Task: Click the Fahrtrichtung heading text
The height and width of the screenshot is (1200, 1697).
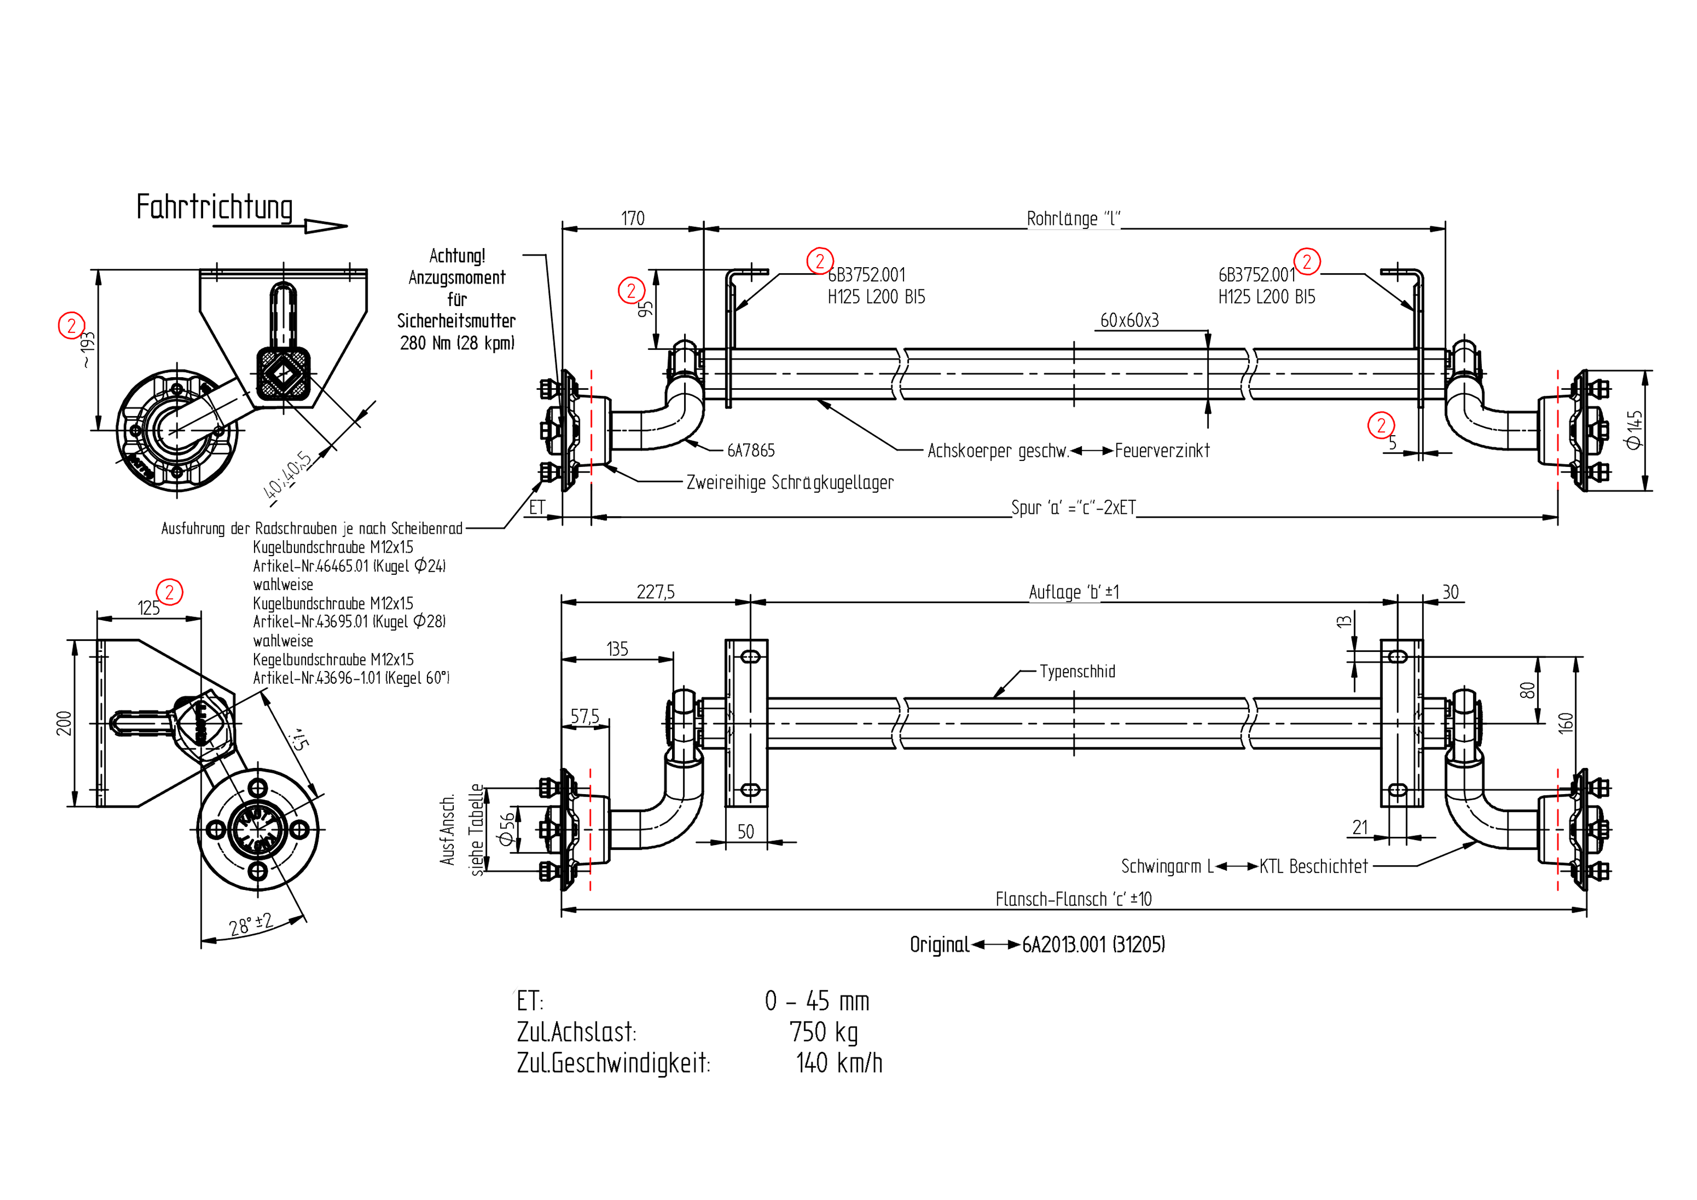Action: tap(214, 207)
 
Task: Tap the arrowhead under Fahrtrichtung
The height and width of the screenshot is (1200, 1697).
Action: tap(325, 226)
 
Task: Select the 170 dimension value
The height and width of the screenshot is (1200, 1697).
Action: tap(633, 219)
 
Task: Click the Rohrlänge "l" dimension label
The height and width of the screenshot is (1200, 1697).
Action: tap(1073, 219)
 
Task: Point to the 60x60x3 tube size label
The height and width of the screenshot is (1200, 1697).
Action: tap(1129, 320)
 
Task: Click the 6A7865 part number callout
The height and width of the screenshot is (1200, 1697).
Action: tap(751, 450)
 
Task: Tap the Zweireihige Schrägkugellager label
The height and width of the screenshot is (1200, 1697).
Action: tap(790, 483)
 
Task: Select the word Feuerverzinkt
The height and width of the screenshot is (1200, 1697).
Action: tap(1162, 450)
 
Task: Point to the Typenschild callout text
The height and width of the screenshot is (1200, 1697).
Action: tap(1077, 672)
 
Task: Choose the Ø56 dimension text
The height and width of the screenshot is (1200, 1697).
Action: tap(506, 829)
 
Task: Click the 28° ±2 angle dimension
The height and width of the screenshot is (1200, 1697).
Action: tap(251, 924)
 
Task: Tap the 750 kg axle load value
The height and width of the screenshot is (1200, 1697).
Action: tap(823, 1032)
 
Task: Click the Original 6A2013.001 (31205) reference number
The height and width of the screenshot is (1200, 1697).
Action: tap(1093, 945)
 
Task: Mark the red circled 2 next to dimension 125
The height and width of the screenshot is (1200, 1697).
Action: tap(169, 592)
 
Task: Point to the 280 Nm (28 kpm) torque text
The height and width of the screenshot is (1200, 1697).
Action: tap(457, 343)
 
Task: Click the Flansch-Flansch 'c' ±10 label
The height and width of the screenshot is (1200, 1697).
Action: tap(1073, 899)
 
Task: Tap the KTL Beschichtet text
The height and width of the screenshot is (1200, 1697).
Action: tap(1313, 867)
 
